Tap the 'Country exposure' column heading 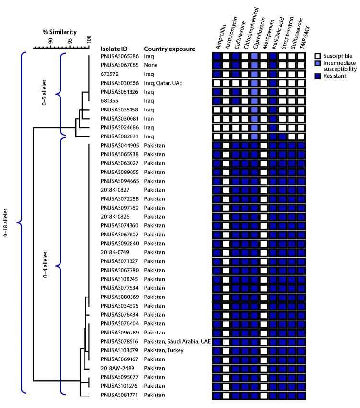pyautogui.click(x=169, y=49)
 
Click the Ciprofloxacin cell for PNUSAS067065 pyautogui.click(x=254, y=65)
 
